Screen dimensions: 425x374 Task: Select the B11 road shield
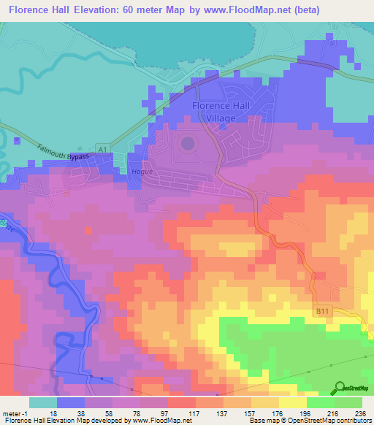tap(324, 311)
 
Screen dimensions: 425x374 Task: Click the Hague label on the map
tap(141, 172)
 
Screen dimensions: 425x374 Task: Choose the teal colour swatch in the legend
tap(42, 402)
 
